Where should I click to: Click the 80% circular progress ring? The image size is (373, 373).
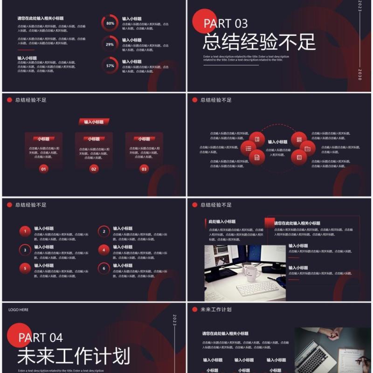(x=110, y=23)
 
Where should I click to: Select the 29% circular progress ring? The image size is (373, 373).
(x=110, y=44)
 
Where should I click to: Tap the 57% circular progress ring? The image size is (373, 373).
(x=110, y=66)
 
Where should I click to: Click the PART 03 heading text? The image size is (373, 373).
(x=226, y=23)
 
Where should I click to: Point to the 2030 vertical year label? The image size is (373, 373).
(x=359, y=75)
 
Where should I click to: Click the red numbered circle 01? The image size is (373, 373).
(x=44, y=169)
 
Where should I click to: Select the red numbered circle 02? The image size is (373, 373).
(x=94, y=169)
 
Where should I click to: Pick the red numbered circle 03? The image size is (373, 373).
(x=144, y=169)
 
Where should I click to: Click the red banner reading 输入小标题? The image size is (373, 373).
(x=94, y=122)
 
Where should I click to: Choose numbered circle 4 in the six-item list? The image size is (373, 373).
(x=104, y=250)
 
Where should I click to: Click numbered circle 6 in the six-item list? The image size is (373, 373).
(x=104, y=268)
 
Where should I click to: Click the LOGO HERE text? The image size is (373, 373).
(x=18, y=310)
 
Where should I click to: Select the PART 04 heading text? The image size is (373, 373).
(x=41, y=337)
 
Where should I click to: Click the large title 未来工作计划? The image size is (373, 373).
(x=74, y=357)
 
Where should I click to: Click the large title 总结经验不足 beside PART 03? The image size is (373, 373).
(x=259, y=42)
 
